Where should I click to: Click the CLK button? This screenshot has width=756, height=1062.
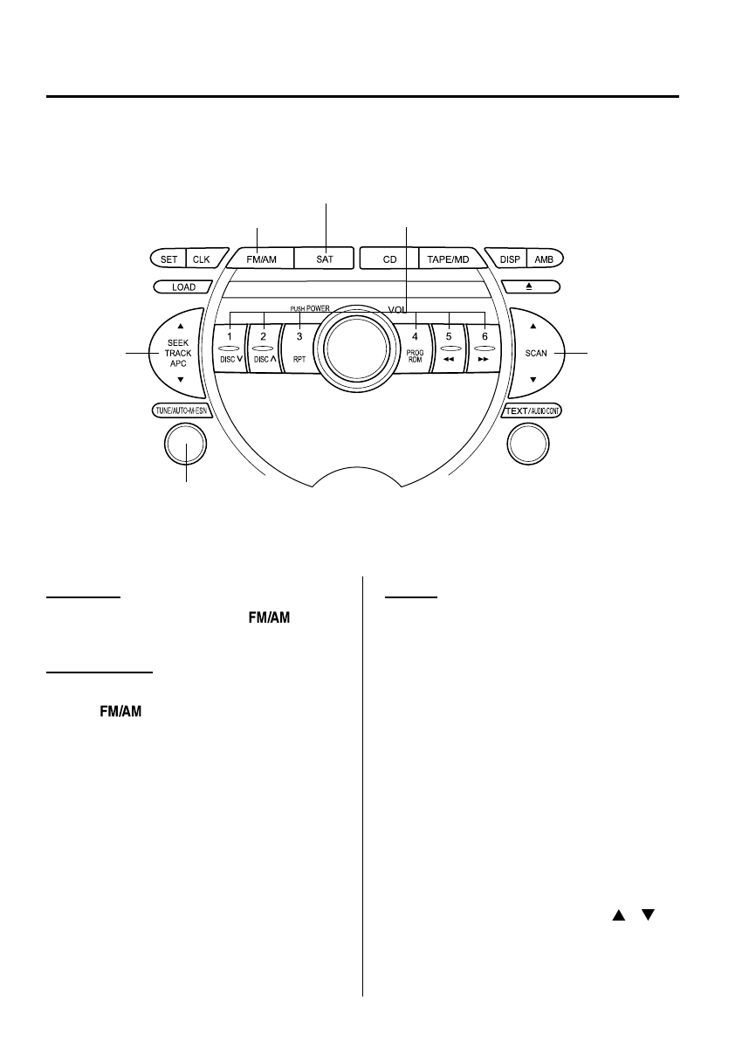point(201,259)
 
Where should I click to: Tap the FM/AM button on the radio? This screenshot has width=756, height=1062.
point(261,259)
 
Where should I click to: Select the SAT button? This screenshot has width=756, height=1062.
point(325,259)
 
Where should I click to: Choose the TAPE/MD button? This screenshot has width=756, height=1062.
point(449,259)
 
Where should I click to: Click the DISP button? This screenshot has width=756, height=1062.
point(508,259)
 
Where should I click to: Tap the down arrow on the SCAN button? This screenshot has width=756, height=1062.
point(533,380)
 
